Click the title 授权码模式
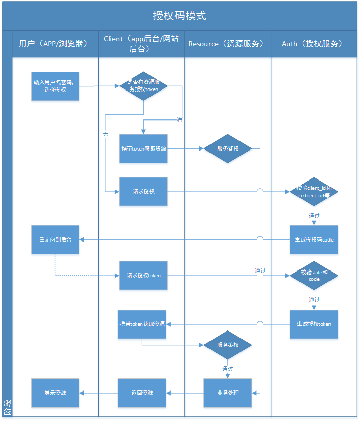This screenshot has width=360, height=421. click(179, 15)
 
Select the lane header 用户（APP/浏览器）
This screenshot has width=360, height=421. click(55, 44)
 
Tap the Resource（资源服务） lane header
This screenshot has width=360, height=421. click(227, 44)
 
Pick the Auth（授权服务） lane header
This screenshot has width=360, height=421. click(313, 44)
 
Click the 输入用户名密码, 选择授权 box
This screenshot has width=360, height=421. click(55, 86)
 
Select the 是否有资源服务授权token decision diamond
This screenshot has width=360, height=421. click(143, 86)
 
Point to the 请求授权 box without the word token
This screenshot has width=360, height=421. click(143, 192)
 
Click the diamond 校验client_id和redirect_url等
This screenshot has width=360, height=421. click(314, 192)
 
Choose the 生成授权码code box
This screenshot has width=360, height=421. click(314, 239)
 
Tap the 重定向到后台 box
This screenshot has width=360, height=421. click(55, 239)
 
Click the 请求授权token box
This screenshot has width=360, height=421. click(143, 275)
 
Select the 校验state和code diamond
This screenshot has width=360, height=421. click(314, 275)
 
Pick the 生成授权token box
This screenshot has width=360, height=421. click(314, 324)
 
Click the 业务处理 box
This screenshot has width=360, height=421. click(227, 393)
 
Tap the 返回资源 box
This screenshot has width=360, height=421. click(142, 393)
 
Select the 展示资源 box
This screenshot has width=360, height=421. click(55, 393)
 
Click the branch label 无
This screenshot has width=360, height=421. click(105, 134)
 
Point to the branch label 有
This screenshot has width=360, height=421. click(179, 119)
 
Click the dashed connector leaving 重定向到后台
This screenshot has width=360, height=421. click(81, 276)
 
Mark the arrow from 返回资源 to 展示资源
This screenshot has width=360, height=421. click(99, 393)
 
